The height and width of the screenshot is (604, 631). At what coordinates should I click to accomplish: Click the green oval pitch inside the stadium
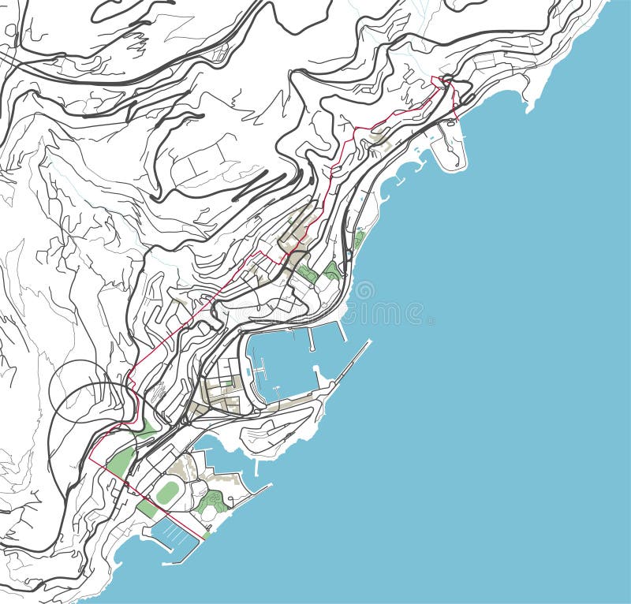tap(166, 493)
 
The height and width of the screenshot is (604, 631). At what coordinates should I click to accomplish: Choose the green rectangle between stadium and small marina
tap(147, 509)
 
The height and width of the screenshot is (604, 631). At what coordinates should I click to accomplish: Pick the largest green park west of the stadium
tap(120, 460)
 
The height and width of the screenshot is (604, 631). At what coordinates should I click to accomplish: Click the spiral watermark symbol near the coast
tap(364, 291)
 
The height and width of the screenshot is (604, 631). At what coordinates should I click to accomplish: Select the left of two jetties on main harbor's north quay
tap(311, 338)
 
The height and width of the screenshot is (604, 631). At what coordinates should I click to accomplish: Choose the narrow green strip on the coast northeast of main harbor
tap(359, 239)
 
